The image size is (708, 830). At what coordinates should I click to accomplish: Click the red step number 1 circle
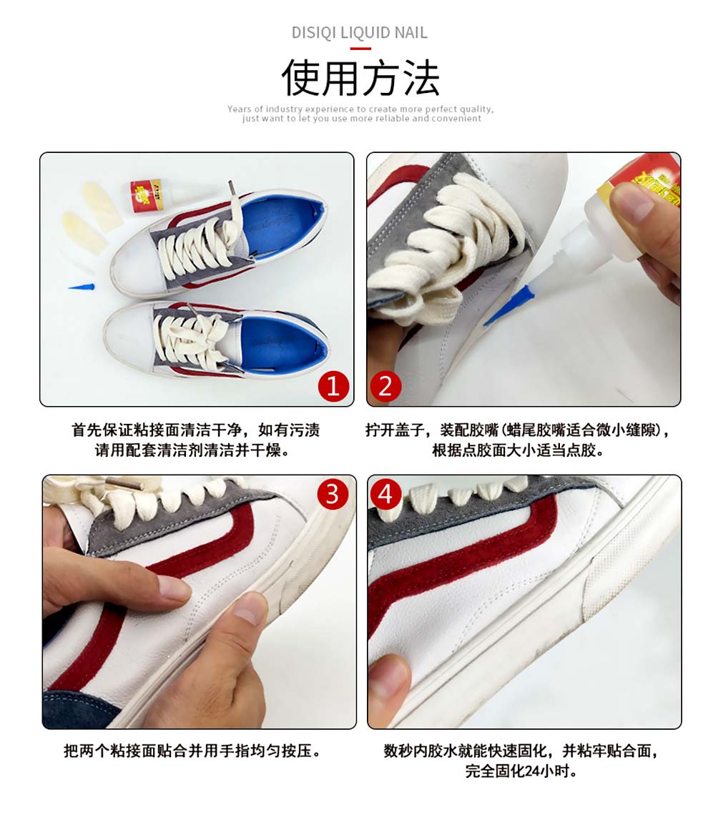[333, 386]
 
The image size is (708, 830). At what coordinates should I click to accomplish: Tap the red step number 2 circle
[385, 386]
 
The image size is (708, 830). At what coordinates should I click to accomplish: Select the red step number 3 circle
[333, 494]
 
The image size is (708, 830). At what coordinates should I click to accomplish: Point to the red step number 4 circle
[385, 494]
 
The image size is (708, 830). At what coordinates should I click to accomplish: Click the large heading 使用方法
[360, 78]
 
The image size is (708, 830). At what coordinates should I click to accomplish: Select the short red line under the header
[360, 49]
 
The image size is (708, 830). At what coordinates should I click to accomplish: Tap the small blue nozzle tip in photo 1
[81, 287]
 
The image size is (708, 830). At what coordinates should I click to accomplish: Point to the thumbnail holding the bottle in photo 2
[631, 203]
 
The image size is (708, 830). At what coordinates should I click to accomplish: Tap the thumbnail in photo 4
[389, 683]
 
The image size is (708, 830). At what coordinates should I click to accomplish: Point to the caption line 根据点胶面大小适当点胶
[518, 450]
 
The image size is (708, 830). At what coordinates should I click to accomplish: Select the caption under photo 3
[193, 750]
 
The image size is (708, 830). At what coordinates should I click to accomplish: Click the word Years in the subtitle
[239, 109]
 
